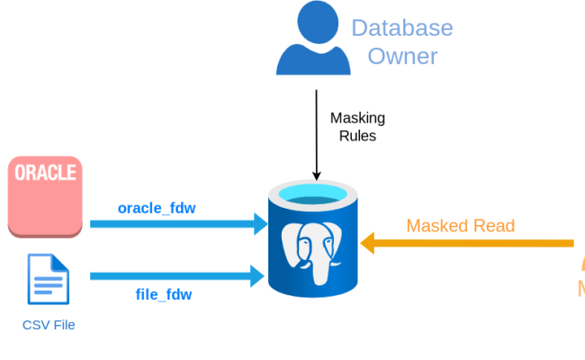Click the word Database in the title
coord(401,27)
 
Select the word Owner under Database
coord(401,57)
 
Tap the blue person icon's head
coord(313,20)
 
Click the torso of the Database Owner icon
coord(313,58)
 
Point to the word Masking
coord(357,118)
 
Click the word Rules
coord(357,136)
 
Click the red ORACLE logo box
coord(45,197)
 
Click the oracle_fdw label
coord(157,208)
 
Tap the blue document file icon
coord(48,280)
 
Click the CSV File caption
coord(49,324)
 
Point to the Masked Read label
coord(461,225)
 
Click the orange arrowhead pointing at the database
coord(368,242)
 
